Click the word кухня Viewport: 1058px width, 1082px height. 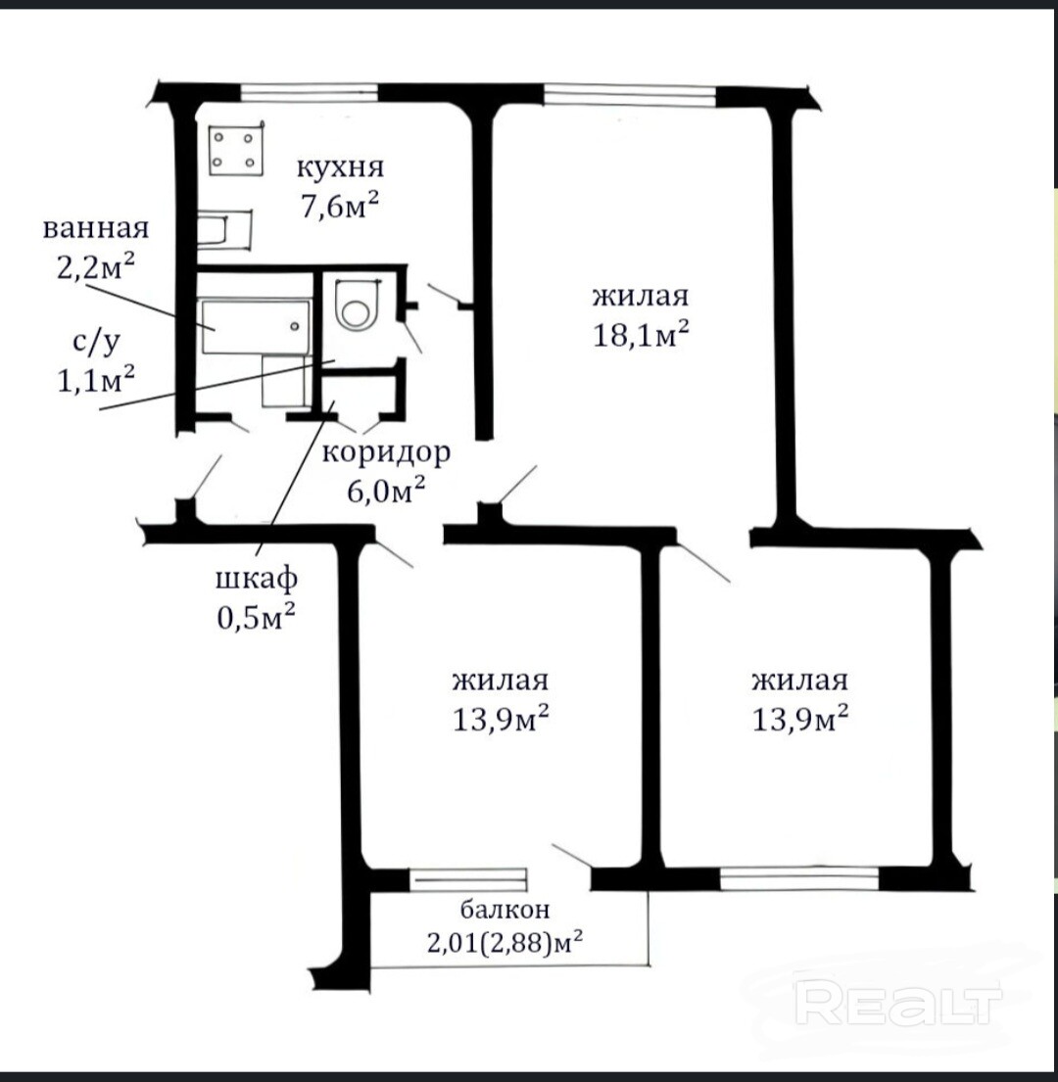pyautogui.click(x=340, y=167)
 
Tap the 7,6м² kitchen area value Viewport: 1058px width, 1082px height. pyautogui.click(x=339, y=205)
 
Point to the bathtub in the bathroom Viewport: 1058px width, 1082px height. pyautogui.click(x=255, y=326)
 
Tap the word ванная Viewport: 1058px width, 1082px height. pyautogui.click(x=96, y=228)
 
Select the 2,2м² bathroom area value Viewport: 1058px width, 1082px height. pyautogui.click(x=95, y=265)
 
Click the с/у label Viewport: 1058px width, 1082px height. pyautogui.click(x=96, y=342)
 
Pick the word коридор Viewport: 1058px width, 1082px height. pyautogui.click(x=386, y=452)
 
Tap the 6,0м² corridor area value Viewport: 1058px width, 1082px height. pyautogui.click(x=385, y=491)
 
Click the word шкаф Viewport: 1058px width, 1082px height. pyautogui.click(x=256, y=579)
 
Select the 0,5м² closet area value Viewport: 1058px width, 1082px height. pyautogui.click(x=256, y=616)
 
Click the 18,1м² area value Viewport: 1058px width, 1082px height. pyautogui.click(x=641, y=334)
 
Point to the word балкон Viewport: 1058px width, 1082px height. pyautogui.click(x=505, y=910)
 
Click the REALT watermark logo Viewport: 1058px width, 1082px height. pyautogui.click(x=898, y=1003)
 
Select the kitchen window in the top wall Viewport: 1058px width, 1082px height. pyautogui.click(x=310, y=92)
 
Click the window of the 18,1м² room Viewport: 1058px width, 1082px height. pyautogui.click(x=630, y=95)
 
